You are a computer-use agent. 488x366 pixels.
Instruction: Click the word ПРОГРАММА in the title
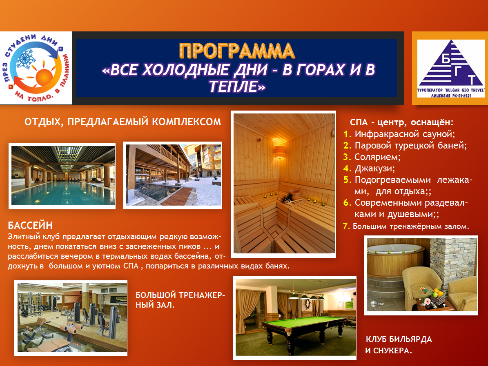pyautogui.click(x=237, y=51)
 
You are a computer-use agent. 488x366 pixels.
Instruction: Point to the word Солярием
pyautogui.click(x=377, y=157)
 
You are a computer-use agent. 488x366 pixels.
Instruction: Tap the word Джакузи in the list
pyautogui.click(x=375, y=169)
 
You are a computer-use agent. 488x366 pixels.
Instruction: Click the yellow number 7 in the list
pyautogui.click(x=346, y=226)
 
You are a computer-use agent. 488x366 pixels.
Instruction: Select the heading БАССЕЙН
pyautogui.click(x=30, y=225)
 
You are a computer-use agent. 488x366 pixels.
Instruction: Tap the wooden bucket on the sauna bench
pyautogui.click(x=294, y=194)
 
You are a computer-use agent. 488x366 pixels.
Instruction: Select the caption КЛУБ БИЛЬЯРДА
pyautogui.click(x=399, y=339)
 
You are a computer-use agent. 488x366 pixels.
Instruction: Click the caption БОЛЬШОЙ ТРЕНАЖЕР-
pyautogui.click(x=180, y=295)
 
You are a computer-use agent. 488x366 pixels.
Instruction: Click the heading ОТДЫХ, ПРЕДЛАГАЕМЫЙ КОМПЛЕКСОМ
pyautogui.click(x=123, y=122)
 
